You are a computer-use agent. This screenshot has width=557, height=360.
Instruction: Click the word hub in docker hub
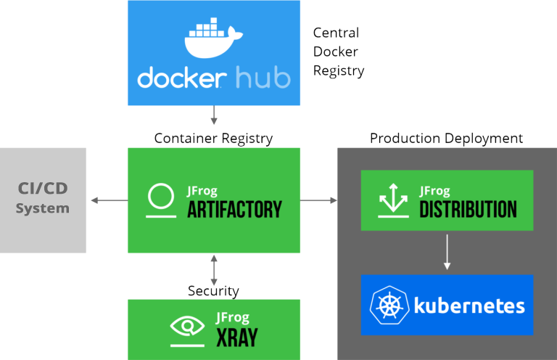263,78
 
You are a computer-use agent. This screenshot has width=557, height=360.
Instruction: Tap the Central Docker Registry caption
338,52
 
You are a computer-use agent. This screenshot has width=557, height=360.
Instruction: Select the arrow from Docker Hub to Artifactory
214,115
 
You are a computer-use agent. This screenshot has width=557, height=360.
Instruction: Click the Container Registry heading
214,138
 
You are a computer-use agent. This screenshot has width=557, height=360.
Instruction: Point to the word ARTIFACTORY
234,210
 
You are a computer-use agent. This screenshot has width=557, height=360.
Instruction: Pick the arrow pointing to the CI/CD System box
107,200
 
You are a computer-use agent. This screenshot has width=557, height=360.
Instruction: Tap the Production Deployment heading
446,138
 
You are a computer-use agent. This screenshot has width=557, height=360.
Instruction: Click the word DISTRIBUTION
468,210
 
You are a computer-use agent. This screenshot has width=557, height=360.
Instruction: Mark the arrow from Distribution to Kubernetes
447,252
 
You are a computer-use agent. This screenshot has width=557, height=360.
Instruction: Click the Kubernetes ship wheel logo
389,306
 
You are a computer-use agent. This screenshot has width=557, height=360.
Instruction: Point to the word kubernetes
469,306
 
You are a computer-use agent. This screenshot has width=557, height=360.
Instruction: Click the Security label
214,291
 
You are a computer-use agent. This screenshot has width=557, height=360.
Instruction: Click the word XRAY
236,337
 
